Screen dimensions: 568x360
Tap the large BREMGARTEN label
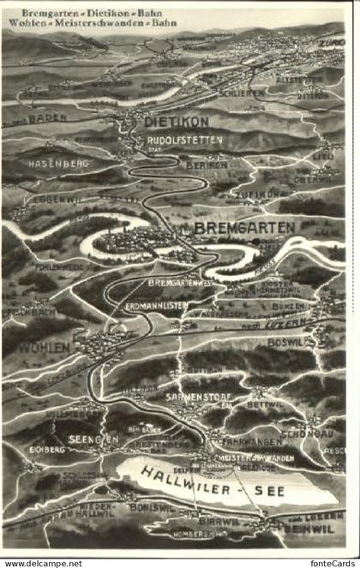pos(245,227)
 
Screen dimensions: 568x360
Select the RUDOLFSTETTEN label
pos(185,140)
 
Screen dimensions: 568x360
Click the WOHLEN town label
pos(40,350)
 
